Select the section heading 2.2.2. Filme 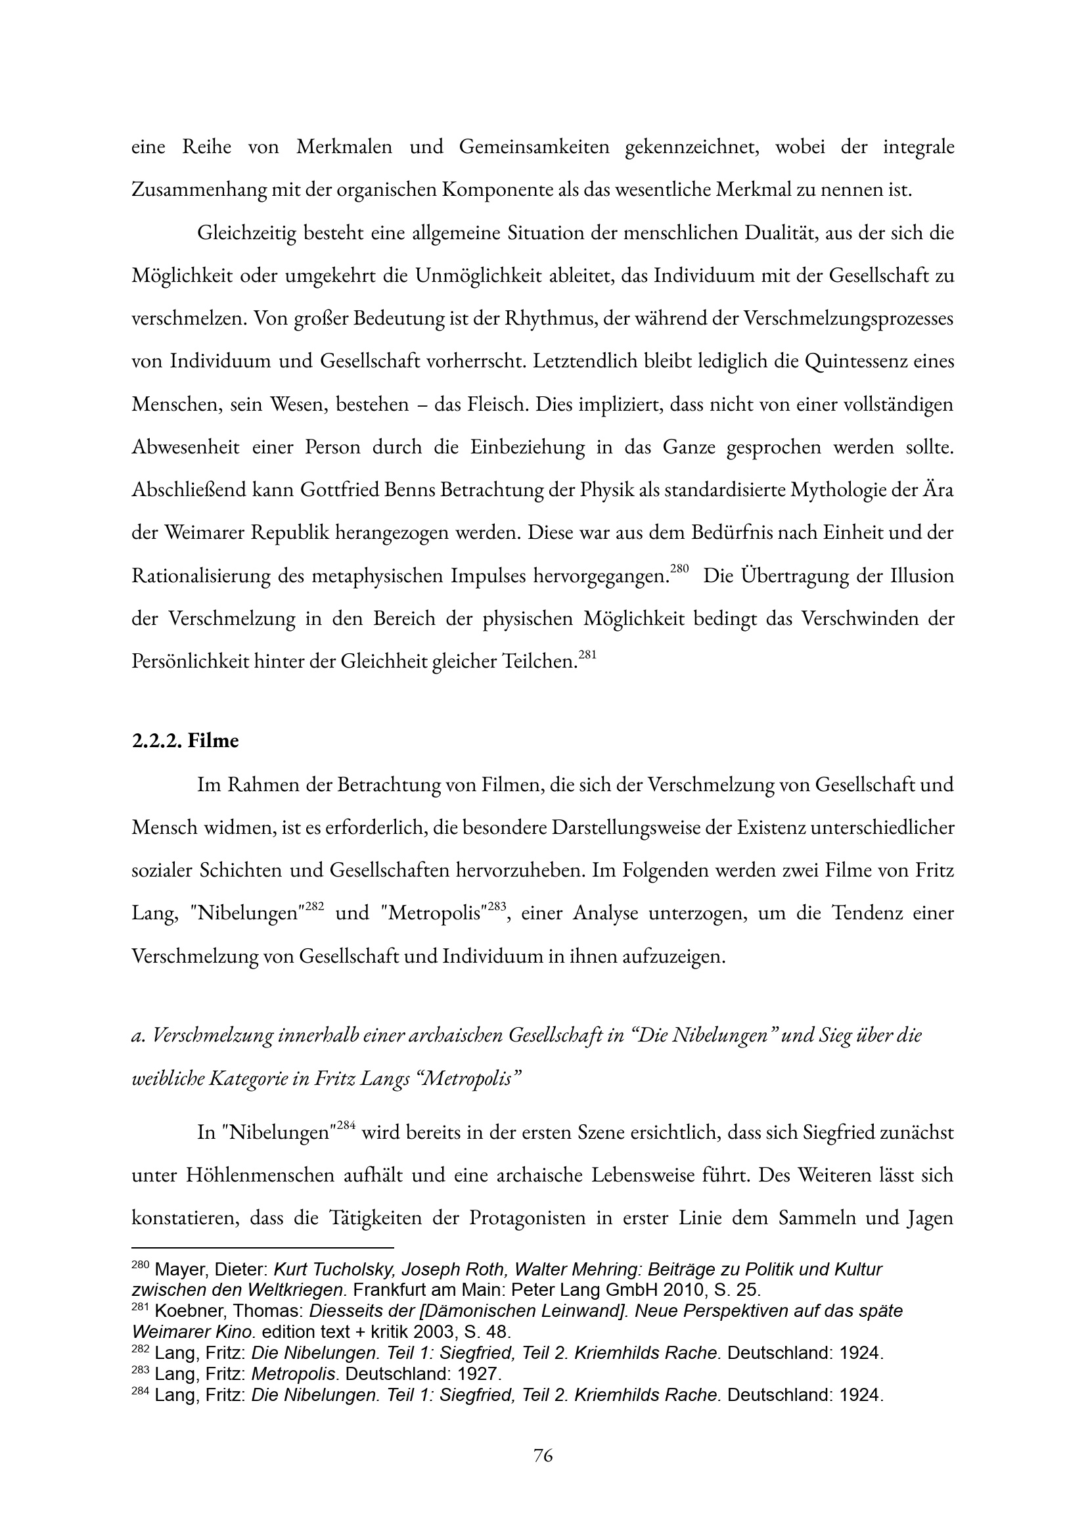[x=185, y=741]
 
